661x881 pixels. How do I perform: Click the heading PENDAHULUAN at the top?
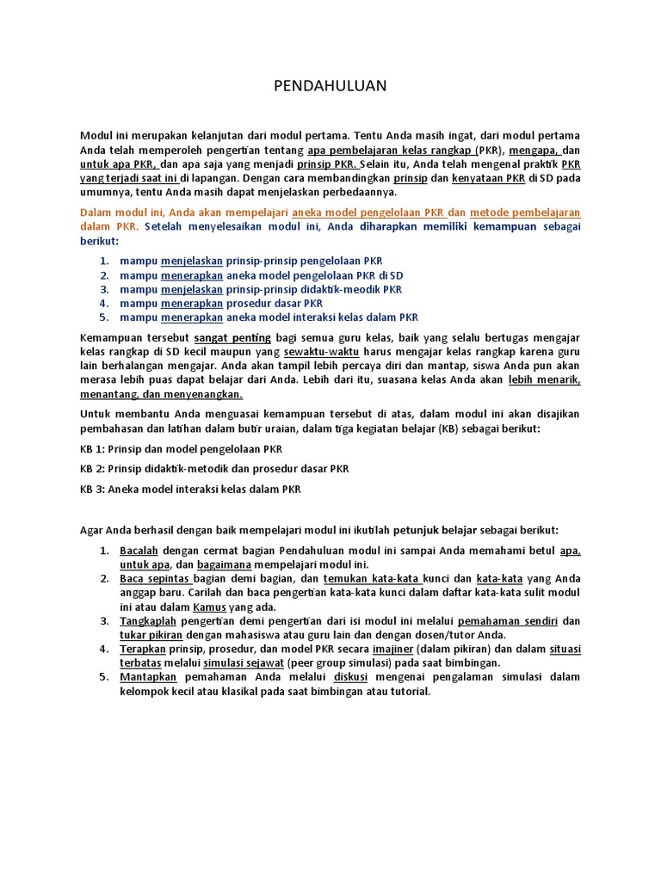click(x=330, y=86)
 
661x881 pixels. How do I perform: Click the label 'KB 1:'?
click(x=93, y=449)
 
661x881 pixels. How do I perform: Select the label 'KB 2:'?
click(x=93, y=469)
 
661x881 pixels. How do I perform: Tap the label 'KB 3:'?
click(x=93, y=489)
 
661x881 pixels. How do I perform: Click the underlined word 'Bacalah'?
click(x=139, y=551)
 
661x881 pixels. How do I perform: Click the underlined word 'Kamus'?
click(x=209, y=607)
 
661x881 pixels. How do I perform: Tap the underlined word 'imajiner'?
click(x=393, y=649)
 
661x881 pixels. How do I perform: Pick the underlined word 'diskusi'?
click(x=350, y=677)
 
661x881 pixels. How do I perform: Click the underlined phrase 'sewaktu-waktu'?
click(x=321, y=353)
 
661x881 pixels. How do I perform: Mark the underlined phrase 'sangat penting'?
click(x=226, y=337)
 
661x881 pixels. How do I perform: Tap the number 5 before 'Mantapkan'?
click(x=103, y=677)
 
